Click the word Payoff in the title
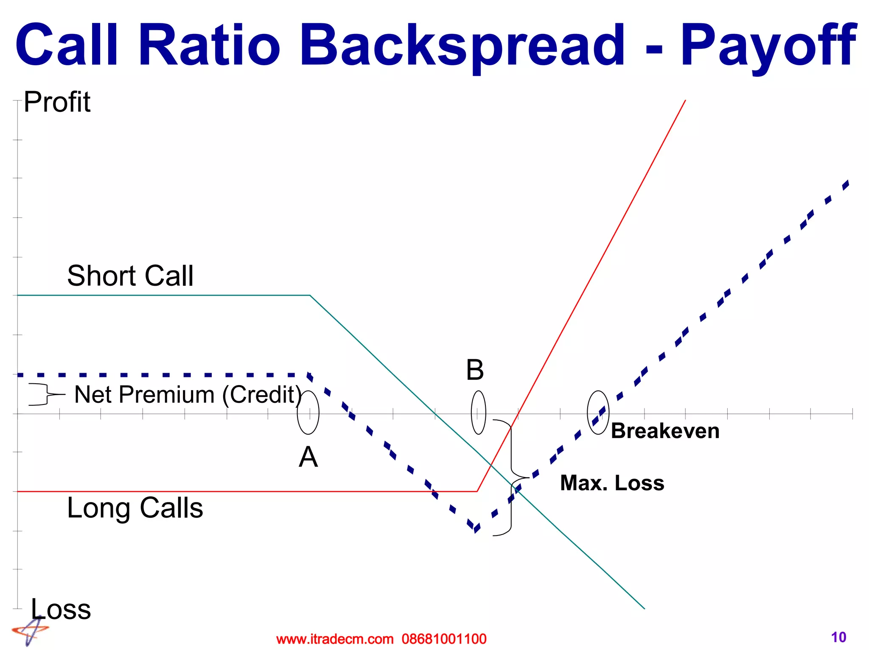[x=768, y=46]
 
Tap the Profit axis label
[x=57, y=102]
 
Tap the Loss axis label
[x=61, y=609]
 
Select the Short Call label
[x=130, y=276]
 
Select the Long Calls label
[x=135, y=508]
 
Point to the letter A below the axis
[x=308, y=457]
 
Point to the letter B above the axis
[x=475, y=370]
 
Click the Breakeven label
[x=665, y=431]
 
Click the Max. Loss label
[x=612, y=483]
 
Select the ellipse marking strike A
[x=308, y=412]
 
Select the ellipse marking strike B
[x=478, y=412]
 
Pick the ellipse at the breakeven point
[x=598, y=412]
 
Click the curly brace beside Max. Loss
[x=511, y=478]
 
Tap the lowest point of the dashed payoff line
[x=476, y=530]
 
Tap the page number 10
[x=838, y=637]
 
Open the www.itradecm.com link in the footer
[x=335, y=639]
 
